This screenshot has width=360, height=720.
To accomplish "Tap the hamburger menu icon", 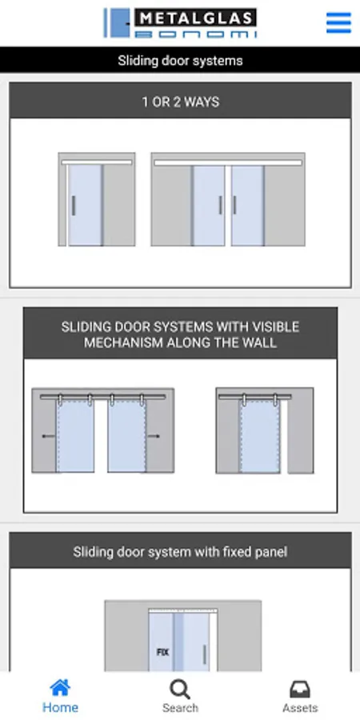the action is click(338, 23).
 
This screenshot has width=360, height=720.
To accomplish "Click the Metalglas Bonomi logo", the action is click(180, 22).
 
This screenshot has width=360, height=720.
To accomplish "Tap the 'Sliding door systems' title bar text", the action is click(180, 61).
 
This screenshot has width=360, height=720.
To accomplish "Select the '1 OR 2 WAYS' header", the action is click(181, 102).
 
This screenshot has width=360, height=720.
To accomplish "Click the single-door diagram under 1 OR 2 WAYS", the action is click(97, 199).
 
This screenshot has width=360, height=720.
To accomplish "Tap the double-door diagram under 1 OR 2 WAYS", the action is click(228, 199).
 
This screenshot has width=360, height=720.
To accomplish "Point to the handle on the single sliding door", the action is click(74, 206).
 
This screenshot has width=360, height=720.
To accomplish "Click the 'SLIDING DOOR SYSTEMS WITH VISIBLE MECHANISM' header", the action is click(181, 334).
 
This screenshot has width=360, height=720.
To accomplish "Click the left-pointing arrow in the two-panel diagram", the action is click(48, 436).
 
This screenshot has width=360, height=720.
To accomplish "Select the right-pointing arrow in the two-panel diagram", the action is click(154, 436).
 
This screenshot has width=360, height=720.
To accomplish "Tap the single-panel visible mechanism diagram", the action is click(265, 430).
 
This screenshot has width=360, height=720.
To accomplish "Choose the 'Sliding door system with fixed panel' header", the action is click(181, 551).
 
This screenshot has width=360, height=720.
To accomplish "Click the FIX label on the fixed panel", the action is click(162, 652).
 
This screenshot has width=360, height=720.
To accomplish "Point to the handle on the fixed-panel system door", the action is click(204, 654).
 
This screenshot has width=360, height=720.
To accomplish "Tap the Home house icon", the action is click(60, 688).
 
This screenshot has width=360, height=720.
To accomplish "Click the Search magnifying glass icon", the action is click(180, 690).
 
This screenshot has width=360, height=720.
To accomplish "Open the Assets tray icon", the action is click(300, 690).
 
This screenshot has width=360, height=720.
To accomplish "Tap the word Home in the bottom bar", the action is click(60, 708).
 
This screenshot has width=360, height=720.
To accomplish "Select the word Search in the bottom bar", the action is click(180, 708).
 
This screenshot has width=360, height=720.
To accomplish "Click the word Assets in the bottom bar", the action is click(300, 708).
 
